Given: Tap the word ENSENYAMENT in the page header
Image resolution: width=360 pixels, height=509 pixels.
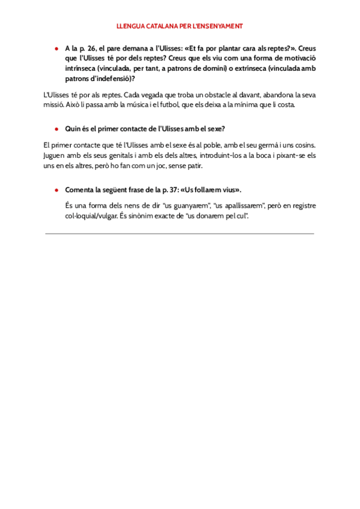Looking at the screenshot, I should click(x=220, y=26).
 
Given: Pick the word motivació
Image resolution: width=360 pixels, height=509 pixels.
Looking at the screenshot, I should click(x=298, y=58).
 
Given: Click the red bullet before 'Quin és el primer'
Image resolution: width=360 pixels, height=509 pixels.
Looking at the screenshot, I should click(x=56, y=128).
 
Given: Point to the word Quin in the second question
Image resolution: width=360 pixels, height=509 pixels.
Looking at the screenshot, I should click(x=73, y=128).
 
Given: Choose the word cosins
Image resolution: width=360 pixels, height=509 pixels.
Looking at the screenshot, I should click(x=304, y=145).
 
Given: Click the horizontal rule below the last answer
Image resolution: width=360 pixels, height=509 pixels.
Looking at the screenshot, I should click(x=180, y=233).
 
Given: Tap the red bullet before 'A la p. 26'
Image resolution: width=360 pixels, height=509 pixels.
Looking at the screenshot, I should click(x=56, y=48).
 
